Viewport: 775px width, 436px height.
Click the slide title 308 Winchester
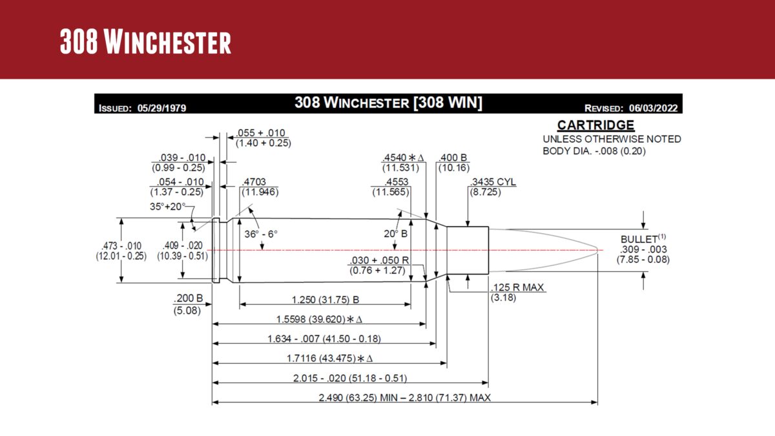145,41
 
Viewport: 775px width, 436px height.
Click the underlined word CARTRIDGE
595,125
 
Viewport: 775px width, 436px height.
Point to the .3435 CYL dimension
493,182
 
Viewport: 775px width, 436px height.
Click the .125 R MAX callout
517,287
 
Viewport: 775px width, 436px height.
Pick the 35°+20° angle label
167,207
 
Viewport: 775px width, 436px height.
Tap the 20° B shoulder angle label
395,234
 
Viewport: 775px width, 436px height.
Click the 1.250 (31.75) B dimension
325,300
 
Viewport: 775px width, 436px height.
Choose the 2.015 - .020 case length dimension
350,378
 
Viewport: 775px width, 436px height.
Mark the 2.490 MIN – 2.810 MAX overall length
404,397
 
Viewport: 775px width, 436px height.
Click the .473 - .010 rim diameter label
121,246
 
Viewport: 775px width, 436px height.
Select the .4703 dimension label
253,182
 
